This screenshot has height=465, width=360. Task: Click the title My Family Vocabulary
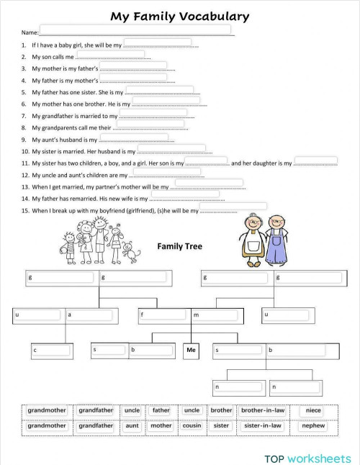pyautogui.click(x=180, y=16)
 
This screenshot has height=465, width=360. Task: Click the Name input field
pyautogui.click(x=135, y=30)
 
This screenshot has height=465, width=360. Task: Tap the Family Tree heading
pyautogui.click(x=179, y=246)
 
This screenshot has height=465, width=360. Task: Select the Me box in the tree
pyautogui.click(x=191, y=350)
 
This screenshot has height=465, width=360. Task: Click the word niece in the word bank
pyautogui.click(x=313, y=411)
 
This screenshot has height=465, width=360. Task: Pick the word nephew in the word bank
pyautogui.click(x=313, y=425)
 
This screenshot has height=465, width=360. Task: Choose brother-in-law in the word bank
pyautogui.click(x=263, y=411)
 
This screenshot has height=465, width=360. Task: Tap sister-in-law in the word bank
pyautogui.click(x=263, y=425)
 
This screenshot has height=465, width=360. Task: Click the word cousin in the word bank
pyautogui.click(x=192, y=425)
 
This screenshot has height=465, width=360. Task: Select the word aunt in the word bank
pyautogui.click(x=132, y=425)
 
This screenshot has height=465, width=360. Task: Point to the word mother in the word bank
pyautogui.click(x=161, y=425)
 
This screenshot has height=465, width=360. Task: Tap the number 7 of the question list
pyautogui.click(x=24, y=116)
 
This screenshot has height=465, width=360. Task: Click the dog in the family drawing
pyautogui.click(x=132, y=251)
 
